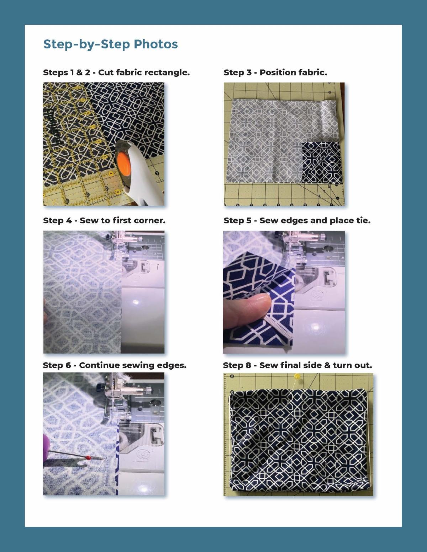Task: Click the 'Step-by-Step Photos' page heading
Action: (x=110, y=44)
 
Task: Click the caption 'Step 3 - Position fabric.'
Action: (x=275, y=73)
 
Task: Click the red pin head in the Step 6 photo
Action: (x=88, y=457)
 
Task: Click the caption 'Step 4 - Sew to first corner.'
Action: (x=104, y=220)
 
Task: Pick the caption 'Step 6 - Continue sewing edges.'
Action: (x=115, y=365)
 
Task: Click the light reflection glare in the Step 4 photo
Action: (x=136, y=302)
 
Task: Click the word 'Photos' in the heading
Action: (x=155, y=44)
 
